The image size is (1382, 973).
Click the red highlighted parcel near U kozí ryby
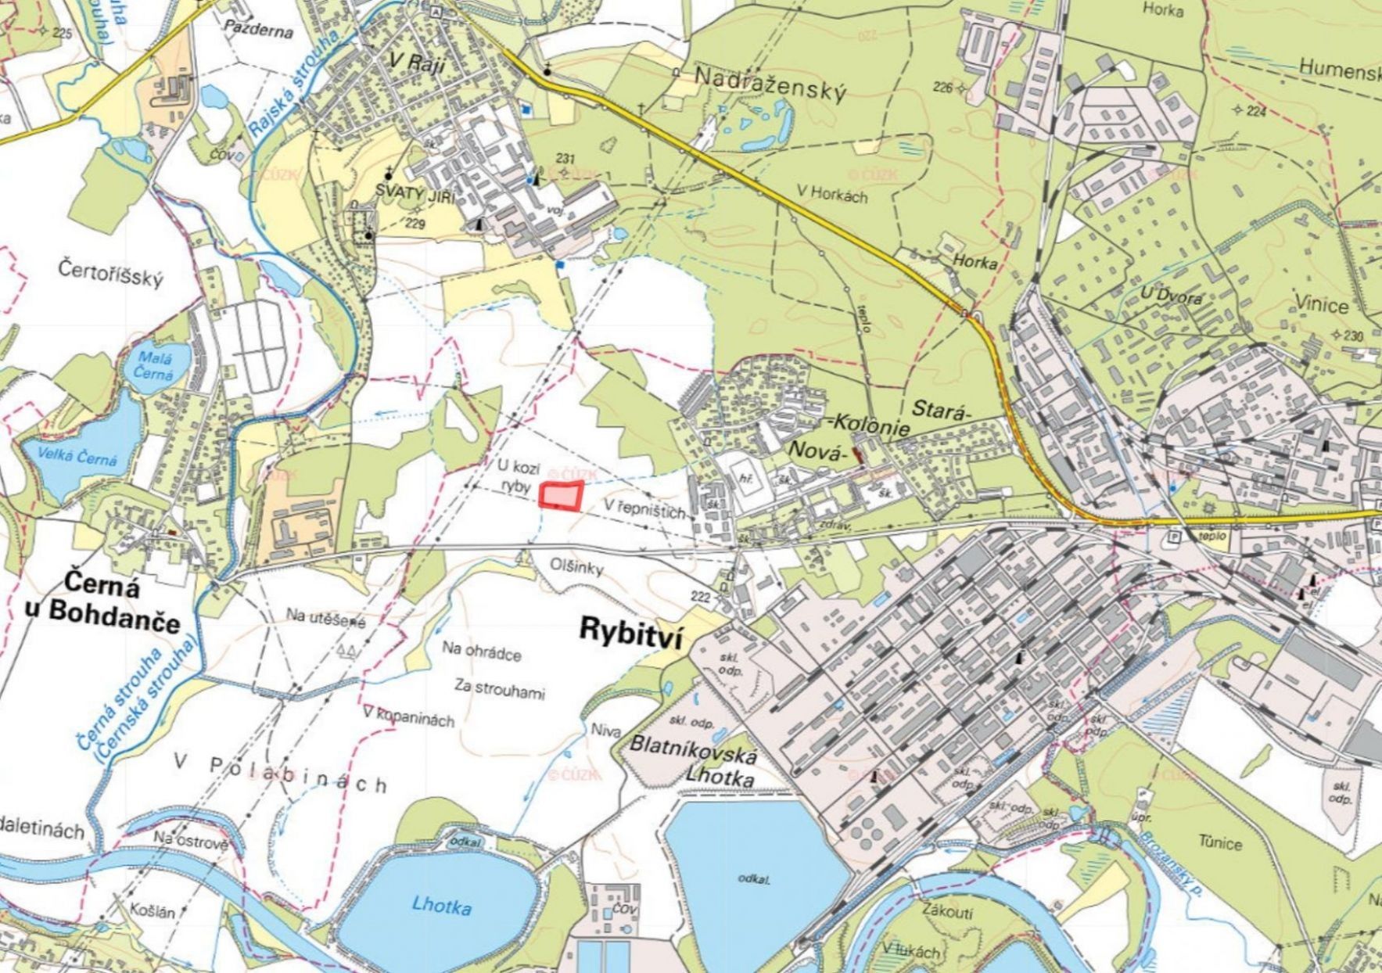(x=561, y=497)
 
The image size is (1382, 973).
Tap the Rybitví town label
(x=630, y=631)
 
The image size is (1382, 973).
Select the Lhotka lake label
(x=442, y=907)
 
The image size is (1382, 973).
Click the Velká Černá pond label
(x=77, y=456)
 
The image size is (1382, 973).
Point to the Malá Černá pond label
(x=153, y=364)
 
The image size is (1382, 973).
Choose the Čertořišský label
(x=110, y=273)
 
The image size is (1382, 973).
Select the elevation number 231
(x=565, y=159)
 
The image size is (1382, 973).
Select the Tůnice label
(x=1219, y=843)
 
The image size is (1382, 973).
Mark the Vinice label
(x=1322, y=303)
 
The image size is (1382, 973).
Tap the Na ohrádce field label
(x=482, y=652)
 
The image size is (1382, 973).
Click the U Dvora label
(x=1171, y=296)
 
